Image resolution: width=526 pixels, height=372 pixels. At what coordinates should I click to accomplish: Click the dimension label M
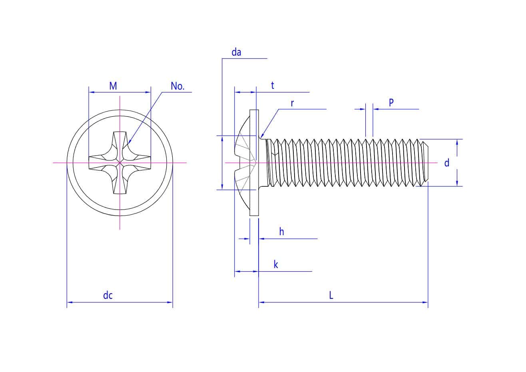tap(113, 86)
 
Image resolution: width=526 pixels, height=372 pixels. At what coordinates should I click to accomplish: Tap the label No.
tap(177, 86)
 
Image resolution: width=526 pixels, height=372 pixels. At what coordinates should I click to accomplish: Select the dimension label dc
tap(108, 296)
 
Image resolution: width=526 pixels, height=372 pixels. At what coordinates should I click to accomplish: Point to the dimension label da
tap(236, 52)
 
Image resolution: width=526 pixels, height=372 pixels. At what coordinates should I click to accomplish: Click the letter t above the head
tap(273, 86)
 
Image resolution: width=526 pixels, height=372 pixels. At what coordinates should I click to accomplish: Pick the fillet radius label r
tap(292, 103)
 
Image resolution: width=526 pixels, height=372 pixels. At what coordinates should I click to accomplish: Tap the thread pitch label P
tap(391, 102)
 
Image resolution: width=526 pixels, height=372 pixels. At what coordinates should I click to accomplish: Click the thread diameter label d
tap(447, 163)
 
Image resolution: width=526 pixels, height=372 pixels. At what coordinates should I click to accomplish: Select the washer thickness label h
tap(281, 232)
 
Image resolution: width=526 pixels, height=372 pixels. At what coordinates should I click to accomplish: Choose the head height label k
tap(276, 265)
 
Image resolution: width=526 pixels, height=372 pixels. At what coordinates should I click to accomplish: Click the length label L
tap(331, 296)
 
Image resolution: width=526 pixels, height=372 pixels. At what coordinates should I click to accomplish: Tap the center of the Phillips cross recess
tap(120, 163)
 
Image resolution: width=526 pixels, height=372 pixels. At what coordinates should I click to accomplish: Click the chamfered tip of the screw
tap(425, 163)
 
